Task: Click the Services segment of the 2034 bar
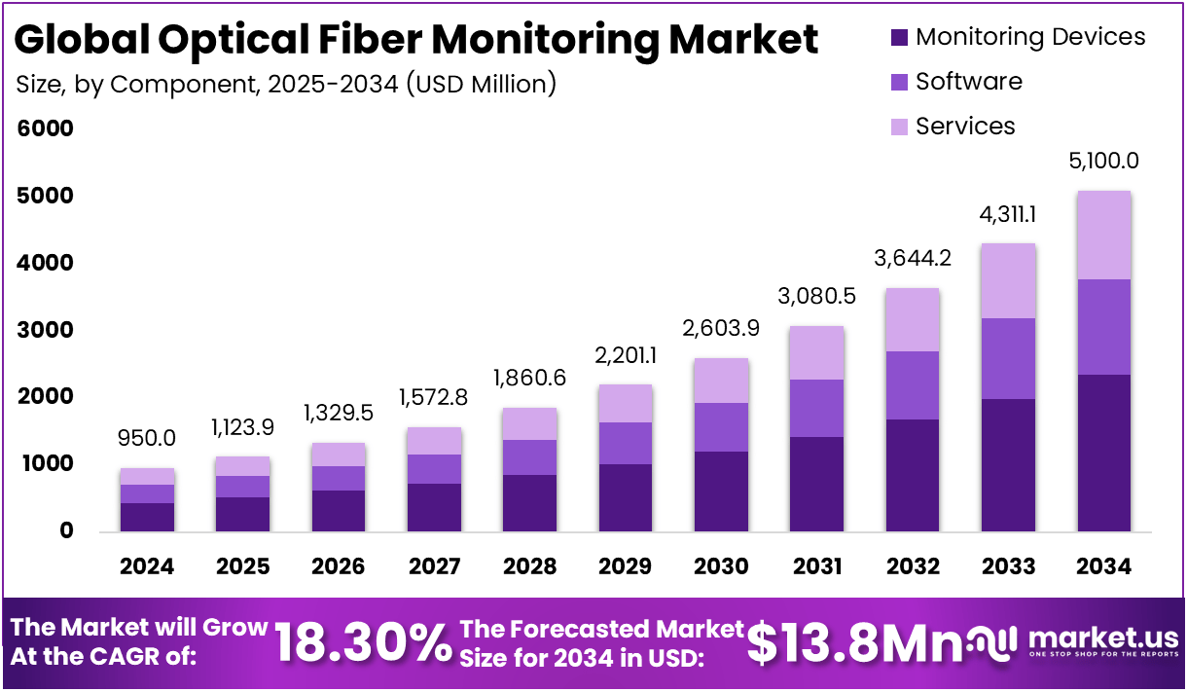1103,236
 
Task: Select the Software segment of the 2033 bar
1008,358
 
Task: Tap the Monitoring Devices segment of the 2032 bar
913,475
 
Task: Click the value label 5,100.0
1103,162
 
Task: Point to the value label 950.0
148,438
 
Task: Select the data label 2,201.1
625,356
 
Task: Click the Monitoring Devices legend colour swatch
899,37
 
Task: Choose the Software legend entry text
968,82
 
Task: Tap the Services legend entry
964,127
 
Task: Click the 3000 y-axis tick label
45,330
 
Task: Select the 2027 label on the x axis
434,566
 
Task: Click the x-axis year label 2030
721,566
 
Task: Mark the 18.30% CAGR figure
362,642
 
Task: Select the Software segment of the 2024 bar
148,493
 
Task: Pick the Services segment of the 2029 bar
625,403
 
